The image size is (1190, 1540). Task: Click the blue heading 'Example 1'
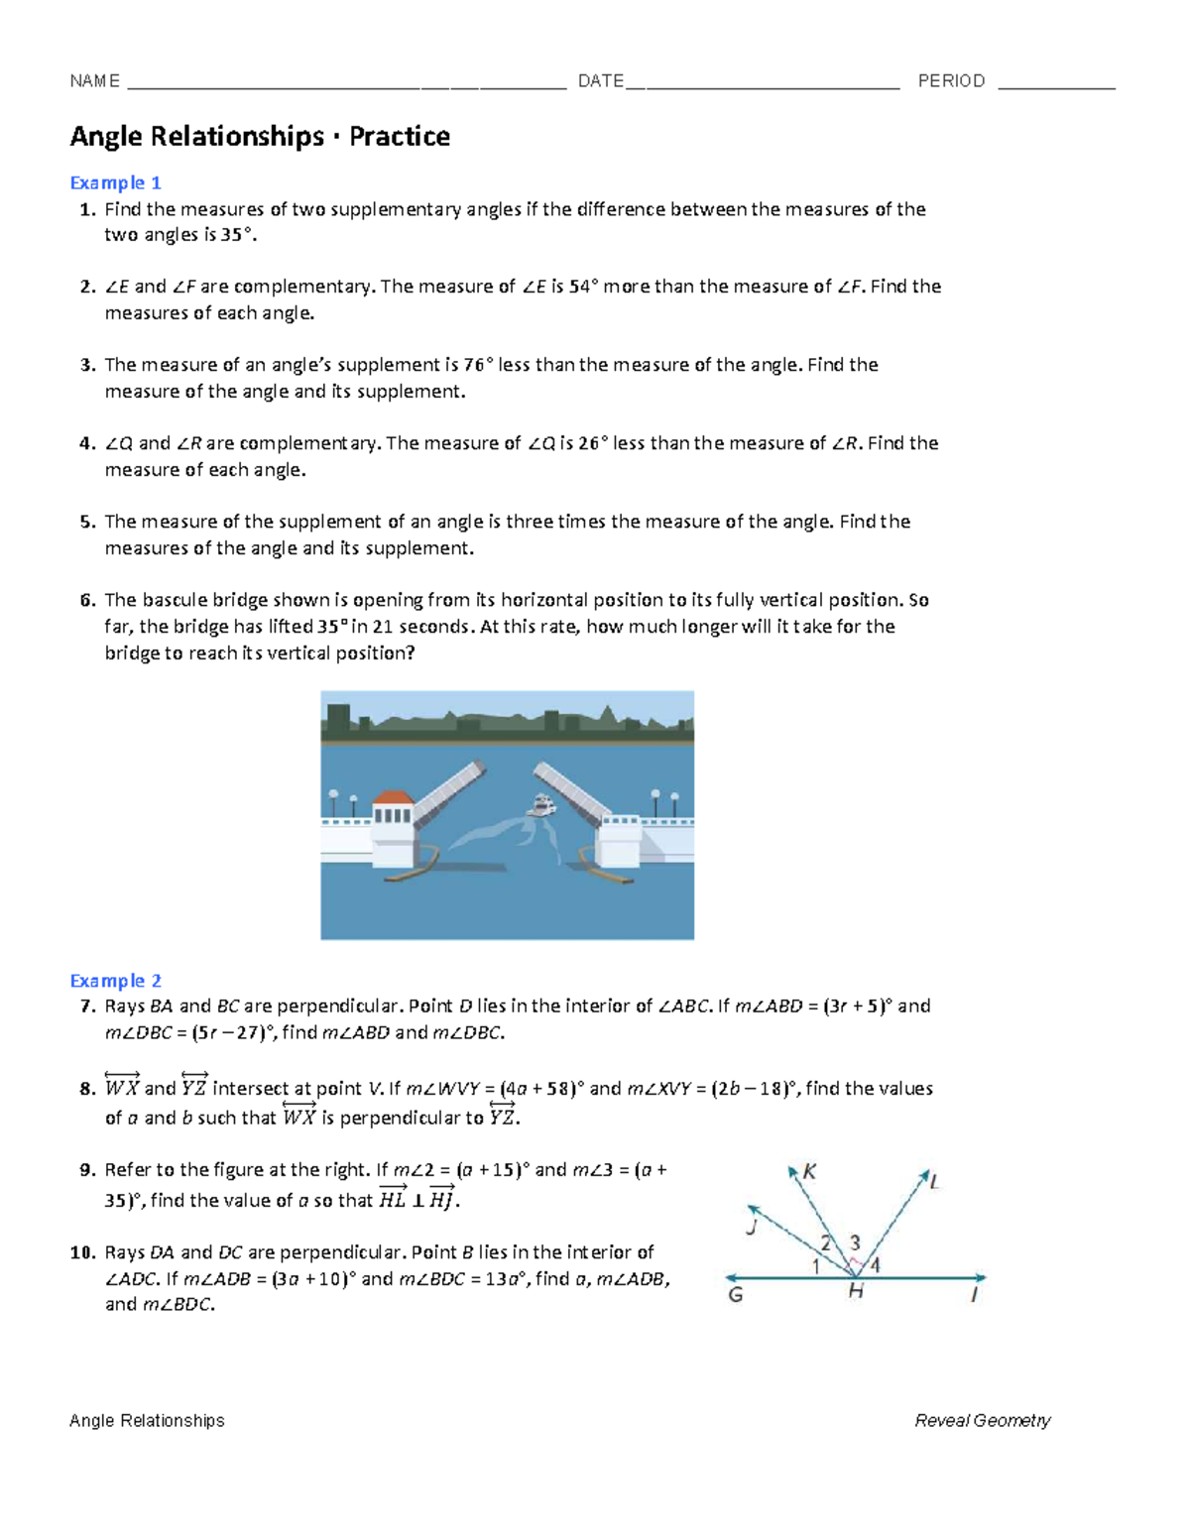pyautogui.click(x=115, y=182)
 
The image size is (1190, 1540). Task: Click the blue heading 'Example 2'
pyautogui.click(x=115, y=981)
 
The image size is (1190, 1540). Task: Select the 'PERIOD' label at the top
pyautogui.click(x=951, y=81)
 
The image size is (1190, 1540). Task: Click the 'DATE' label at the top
pyautogui.click(x=601, y=81)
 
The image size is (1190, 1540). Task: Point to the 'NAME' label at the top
pyautogui.click(x=94, y=81)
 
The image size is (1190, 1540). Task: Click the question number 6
pyautogui.click(x=87, y=600)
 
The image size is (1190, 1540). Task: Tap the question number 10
pyautogui.click(x=81, y=1252)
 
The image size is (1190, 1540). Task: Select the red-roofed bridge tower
pyautogui.click(x=392, y=819)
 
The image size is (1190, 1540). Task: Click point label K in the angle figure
pyautogui.click(x=809, y=1172)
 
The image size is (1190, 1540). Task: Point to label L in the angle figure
pyautogui.click(x=933, y=1181)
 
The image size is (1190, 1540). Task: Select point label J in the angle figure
pyautogui.click(x=752, y=1228)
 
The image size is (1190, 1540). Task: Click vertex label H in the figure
pyautogui.click(x=855, y=1292)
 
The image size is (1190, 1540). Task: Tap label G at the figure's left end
pyautogui.click(x=735, y=1295)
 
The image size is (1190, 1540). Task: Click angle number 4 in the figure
pyautogui.click(x=875, y=1265)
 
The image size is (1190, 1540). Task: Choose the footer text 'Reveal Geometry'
pyautogui.click(x=982, y=1421)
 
